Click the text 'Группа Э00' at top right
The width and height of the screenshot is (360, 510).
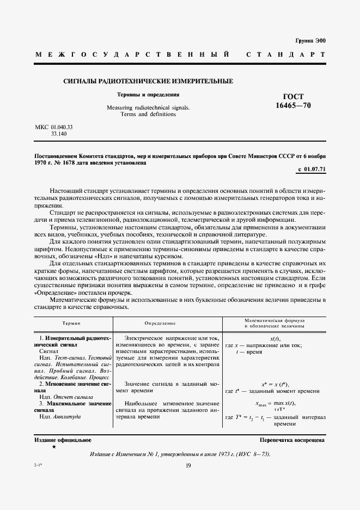(x=310, y=41)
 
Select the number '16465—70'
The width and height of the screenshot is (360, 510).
(x=294, y=106)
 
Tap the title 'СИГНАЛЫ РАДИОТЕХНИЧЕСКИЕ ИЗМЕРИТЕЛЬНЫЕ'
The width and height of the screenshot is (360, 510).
(x=148, y=81)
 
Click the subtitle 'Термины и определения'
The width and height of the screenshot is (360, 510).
(x=148, y=94)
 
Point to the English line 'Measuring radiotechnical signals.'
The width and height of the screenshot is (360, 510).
(x=148, y=108)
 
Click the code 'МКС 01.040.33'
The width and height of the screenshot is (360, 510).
(x=54, y=127)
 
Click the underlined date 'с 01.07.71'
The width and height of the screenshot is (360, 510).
(x=312, y=169)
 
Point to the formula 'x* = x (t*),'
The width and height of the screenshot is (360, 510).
(x=275, y=384)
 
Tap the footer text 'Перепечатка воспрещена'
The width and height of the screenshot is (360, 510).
(x=293, y=440)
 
